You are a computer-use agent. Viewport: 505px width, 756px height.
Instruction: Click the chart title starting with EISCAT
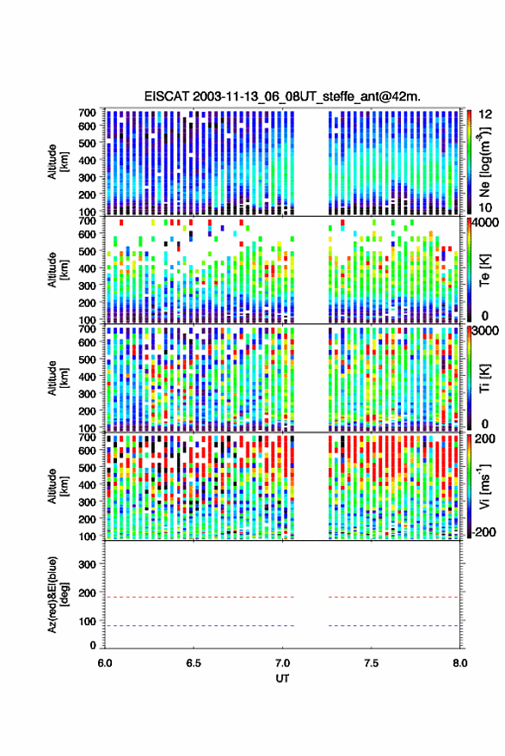pyautogui.click(x=282, y=96)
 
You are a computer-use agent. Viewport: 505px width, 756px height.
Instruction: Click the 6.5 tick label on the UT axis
pyautogui.click(x=194, y=663)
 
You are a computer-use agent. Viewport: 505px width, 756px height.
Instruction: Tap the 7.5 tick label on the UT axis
pyautogui.click(x=371, y=663)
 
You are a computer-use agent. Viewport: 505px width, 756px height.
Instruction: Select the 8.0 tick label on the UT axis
pyautogui.click(x=459, y=663)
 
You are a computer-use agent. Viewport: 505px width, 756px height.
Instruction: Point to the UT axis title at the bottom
pyautogui.click(x=282, y=679)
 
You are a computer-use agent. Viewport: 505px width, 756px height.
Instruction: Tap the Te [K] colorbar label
pyautogui.click(x=484, y=270)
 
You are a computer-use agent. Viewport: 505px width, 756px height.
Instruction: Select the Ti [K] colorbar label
pyautogui.click(x=484, y=378)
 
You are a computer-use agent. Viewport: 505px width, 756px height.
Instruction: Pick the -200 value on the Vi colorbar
pyautogui.click(x=483, y=532)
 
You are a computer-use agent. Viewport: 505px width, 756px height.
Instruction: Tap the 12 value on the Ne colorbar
pyautogui.click(x=486, y=114)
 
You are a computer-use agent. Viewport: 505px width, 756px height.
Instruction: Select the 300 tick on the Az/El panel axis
pyautogui.click(x=87, y=564)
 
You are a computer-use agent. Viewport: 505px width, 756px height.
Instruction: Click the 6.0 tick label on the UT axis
pyautogui.click(x=105, y=663)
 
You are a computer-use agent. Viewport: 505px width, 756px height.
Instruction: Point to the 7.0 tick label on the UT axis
pyautogui.click(x=282, y=663)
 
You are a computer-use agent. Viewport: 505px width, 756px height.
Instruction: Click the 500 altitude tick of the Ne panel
pyautogui.click(x=87, y=143)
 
